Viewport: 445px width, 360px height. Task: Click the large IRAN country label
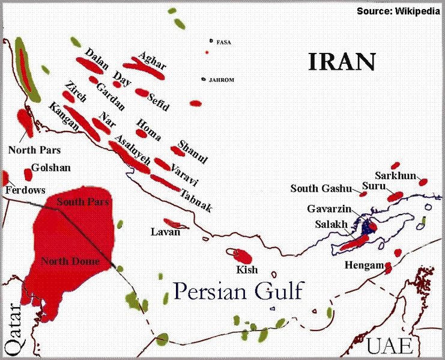[342, 61]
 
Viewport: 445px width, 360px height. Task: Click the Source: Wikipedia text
[399, 11]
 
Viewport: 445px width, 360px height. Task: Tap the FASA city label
[223, 42]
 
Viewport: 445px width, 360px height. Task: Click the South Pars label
[82, 203]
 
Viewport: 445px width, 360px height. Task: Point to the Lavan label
[165, 232]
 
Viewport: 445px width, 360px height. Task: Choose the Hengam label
[362, 265]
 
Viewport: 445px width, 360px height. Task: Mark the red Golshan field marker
[28, 174]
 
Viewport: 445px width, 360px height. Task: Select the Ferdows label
[25, 190]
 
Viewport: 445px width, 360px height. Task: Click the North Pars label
[30, 148]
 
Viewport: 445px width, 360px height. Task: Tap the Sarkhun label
[396, 175]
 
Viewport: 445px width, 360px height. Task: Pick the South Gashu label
[320, 189]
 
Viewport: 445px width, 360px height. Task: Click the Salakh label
[330, 224]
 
